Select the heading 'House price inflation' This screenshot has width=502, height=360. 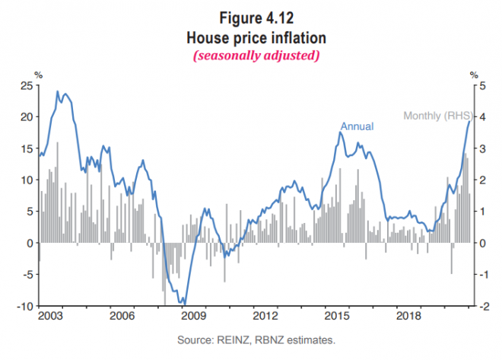(251, 37)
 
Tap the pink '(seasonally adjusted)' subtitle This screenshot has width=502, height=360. (251, 56)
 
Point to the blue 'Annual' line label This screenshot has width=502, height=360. (357, 126)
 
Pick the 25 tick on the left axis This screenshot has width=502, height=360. (26, 85)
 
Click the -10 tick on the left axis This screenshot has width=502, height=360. (24, 306)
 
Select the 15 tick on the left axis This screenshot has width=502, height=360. (26, 148)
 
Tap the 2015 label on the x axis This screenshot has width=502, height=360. (337, 315)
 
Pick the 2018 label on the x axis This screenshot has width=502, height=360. (409, 315)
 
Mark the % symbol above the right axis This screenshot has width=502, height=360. (473, 75)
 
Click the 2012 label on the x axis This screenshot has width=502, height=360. (265, 315)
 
